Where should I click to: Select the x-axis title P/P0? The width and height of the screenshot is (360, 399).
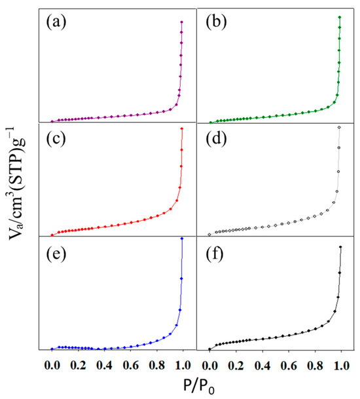[195, 387]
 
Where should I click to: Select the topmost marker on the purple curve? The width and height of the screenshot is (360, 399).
[181, 22]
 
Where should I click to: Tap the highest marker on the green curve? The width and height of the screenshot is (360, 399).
[340, 17]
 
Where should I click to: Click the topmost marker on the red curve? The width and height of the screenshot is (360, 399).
[181, 128]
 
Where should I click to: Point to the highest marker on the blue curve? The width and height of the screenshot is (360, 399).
[181, 238]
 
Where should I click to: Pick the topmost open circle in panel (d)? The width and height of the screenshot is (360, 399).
[339, 128]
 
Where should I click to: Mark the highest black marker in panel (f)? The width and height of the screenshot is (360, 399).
[340, 247]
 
